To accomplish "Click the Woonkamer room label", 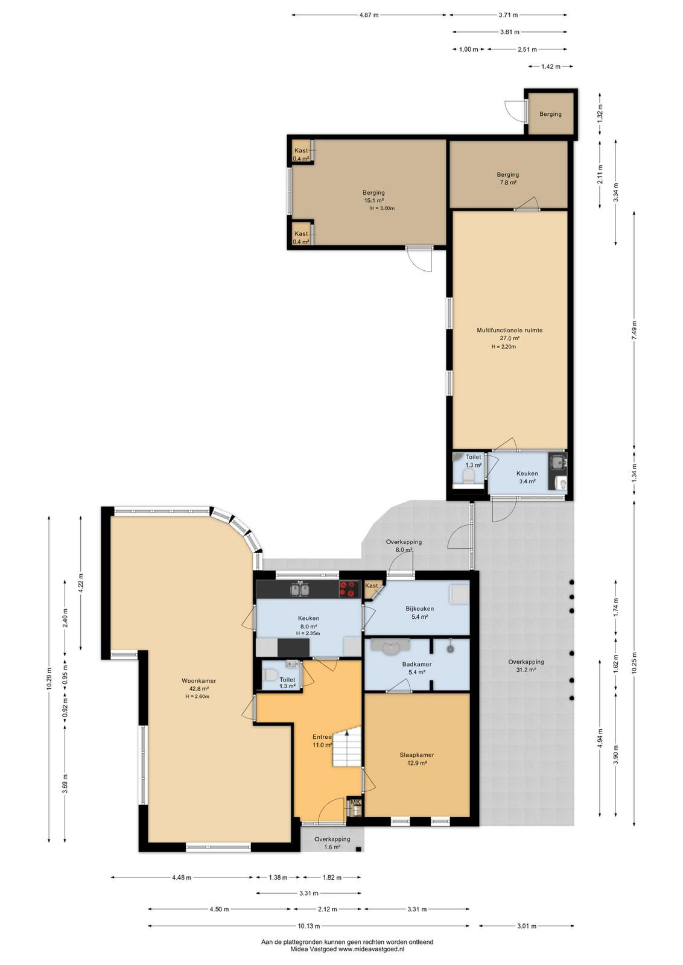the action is (199, 681).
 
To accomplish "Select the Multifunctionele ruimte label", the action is (509, 331).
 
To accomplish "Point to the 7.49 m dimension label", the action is (634, 331).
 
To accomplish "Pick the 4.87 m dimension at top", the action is (369, 15).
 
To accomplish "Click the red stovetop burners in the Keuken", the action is (349, 589).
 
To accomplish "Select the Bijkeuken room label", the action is (419, 609).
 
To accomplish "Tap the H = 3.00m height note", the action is (382, 208).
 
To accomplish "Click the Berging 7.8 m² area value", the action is (507, 182).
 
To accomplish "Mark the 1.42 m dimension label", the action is (551, 66).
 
